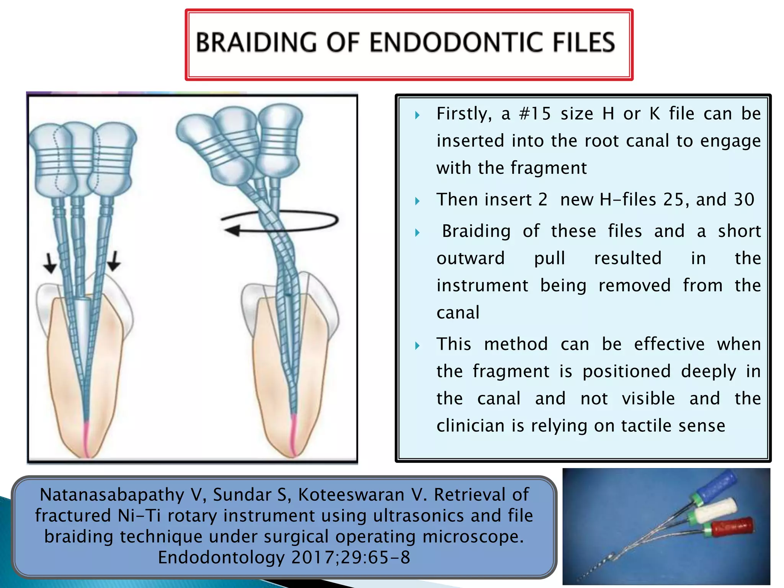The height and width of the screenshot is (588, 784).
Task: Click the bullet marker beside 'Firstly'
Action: tap(417, 115)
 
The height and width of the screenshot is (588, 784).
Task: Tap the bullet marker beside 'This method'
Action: tap(417, 346)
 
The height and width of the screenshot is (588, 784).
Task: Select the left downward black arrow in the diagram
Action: tap(50, 263)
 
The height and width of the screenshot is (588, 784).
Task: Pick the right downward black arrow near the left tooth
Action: tap(114, 261)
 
